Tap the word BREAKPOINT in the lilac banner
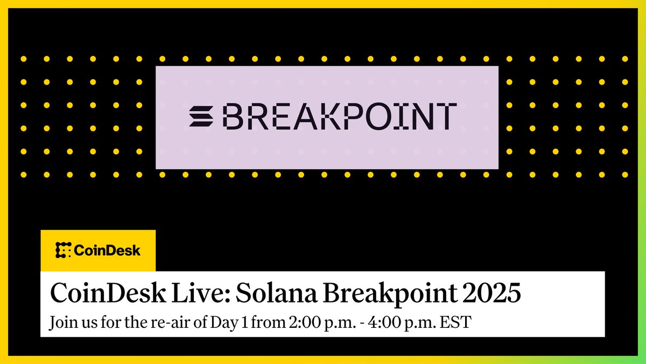(x=340, y=116)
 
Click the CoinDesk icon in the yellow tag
(x=64, y=250)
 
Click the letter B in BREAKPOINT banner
(x=235, y=116)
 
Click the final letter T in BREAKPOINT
(x=444, y=116)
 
